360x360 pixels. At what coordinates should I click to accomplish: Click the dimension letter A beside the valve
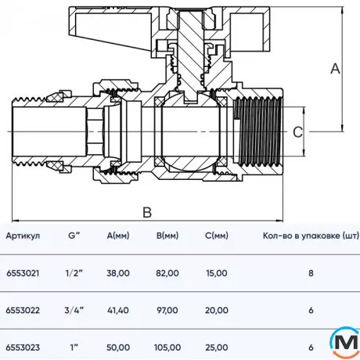click(x=335, y=68)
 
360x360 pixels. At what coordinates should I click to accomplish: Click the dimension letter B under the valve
click(x=147, y=212)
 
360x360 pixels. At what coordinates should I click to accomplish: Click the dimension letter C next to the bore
click(x=297, y=133)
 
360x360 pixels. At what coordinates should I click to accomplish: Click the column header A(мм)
click(x=118, y=236)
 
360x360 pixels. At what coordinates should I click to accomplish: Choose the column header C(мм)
click(x=214, y=236)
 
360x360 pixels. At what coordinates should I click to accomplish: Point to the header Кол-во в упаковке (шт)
click(x=310, y=236)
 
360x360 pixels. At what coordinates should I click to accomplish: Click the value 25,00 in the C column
click(x=216, y=347)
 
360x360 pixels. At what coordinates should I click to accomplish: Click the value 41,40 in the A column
click(x=117, y=310)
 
